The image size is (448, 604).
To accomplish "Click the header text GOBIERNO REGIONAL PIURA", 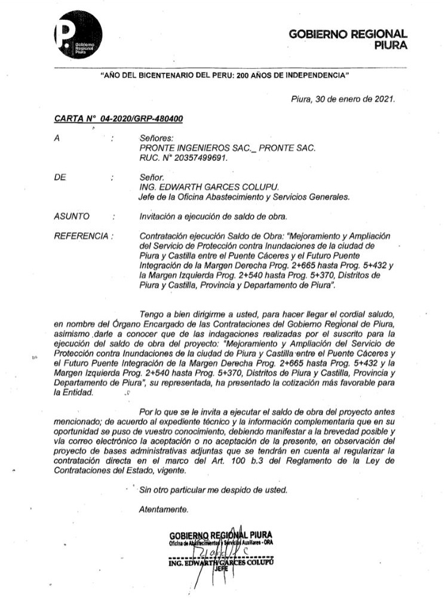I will click(348, 40).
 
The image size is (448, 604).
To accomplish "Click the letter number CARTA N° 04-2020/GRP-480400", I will click(118, 120).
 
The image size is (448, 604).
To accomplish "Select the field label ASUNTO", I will click(72, 216).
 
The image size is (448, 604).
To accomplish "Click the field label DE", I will click(59, 178).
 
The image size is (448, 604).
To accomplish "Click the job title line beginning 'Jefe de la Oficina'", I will click(244, 197).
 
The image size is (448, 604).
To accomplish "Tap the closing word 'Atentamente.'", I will click(164, 510).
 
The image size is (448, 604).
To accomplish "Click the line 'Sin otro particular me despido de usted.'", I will click(213, 490).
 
